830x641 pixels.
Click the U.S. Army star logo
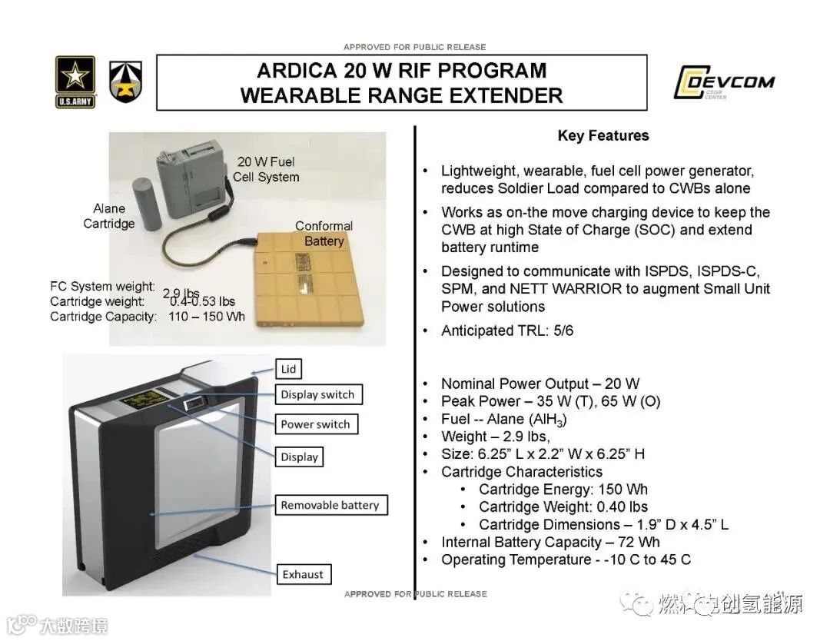(x=75, y=81)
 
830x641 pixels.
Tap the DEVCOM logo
(x=724, y=83)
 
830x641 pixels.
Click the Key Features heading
(x=603, y=136)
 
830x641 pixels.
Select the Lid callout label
(x=288, y=369)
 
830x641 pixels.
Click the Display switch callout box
(x=317, y=395)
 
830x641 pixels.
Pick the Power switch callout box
(x=315, y=424)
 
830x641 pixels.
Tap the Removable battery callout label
(x=330, y=505)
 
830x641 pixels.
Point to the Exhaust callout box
(x=302, y=574)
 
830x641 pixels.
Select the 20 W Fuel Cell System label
(x=267, y=169)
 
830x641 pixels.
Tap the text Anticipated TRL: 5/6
(x=507, y=331)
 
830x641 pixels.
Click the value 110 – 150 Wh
(x=207, y=317)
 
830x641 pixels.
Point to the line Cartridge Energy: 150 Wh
(x=563, y=490)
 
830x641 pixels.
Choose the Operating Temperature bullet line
(x=566, y=560)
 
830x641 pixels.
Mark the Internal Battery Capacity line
(x=550, y=542)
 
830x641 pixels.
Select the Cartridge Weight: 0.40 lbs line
(x=563, y=507)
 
